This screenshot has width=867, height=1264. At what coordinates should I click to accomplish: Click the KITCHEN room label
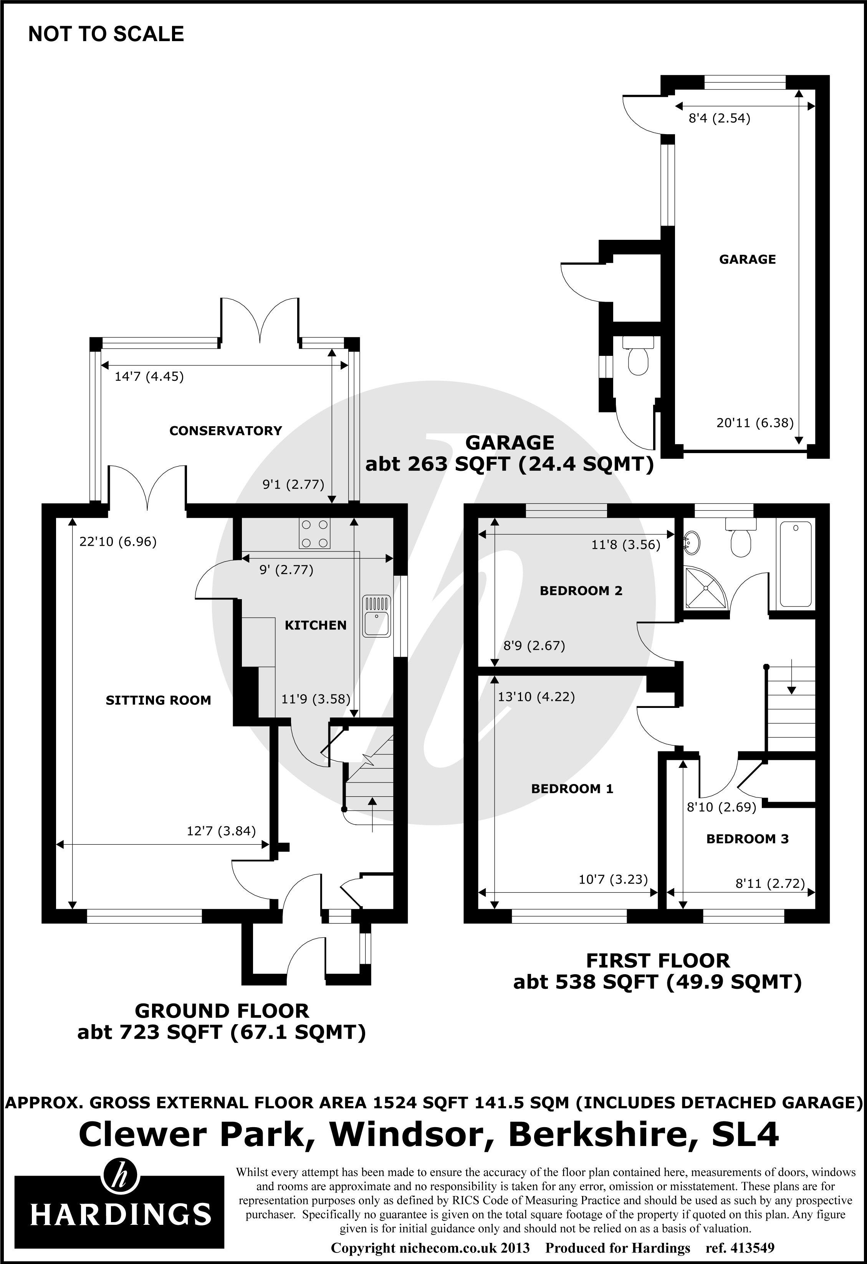tap(315, 626)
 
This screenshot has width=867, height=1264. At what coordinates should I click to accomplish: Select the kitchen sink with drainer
tap(377, 616)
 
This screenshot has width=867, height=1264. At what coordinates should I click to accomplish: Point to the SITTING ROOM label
tap(158, 701)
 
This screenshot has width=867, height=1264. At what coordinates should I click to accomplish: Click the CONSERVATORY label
tap(226, 431)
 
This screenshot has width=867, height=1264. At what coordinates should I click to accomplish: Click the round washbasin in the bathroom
tap(690, 542)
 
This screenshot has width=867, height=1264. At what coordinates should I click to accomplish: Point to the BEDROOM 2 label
tap(581, 591)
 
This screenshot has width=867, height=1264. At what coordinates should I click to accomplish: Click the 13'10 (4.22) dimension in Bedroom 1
tap(536, 697)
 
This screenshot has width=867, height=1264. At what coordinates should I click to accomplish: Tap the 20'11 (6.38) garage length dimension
tap(755, 423)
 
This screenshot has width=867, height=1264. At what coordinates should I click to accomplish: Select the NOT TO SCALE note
tap(106, 34)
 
